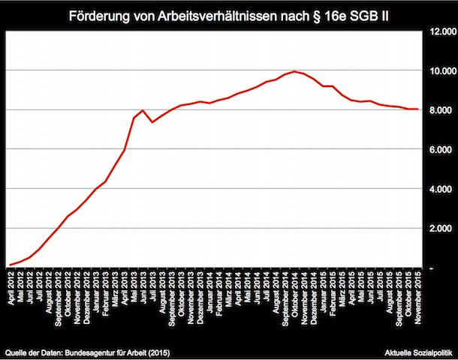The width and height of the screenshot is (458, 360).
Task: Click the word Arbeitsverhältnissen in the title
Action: click(223, 14)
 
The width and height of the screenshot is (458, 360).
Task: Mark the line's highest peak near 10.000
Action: click(295, 71)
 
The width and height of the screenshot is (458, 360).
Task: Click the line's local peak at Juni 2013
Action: click(143, 110)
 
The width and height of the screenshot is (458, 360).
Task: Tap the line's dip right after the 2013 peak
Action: click(152, 121)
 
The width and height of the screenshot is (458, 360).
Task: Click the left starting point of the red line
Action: click(10, 265)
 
